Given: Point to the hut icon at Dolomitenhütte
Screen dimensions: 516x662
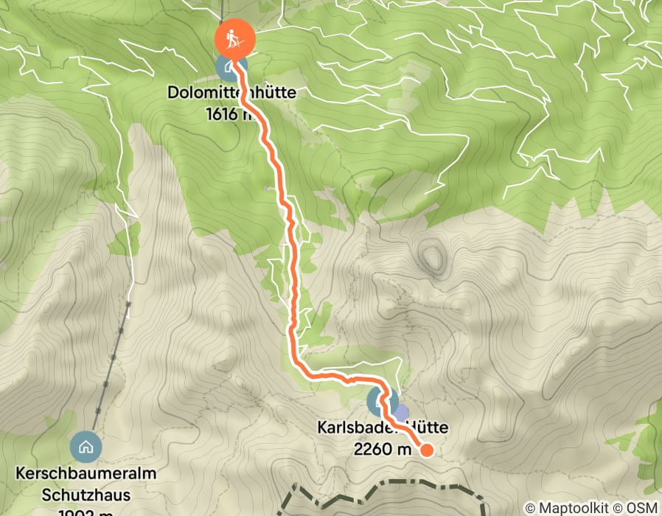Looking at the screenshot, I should point(229,67).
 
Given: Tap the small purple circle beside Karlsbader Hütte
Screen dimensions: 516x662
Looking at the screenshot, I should point(400,411).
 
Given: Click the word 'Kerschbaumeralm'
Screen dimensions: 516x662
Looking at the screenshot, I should point(86,474).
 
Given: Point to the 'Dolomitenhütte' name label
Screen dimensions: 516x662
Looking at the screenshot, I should point(221,94).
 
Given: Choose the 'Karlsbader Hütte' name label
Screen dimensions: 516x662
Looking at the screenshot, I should point(383,428).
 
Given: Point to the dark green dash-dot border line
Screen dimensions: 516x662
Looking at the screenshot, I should point(383,489).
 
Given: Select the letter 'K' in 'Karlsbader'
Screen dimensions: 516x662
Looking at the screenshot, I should point(322,428).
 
